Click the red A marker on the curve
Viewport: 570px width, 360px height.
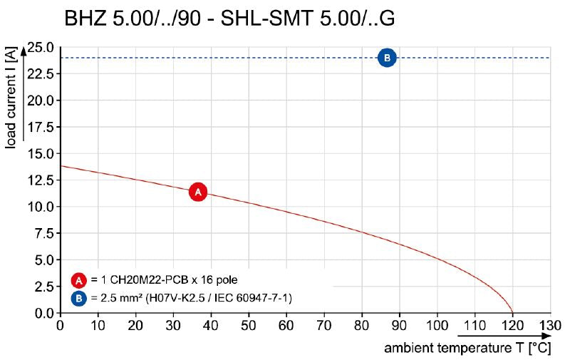pyautogui.click(x=198, y=192)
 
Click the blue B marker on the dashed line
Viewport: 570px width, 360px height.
pyautogui.click(x=386, y=58)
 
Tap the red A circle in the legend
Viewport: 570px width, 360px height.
pyautogui.click(x=79, y=280)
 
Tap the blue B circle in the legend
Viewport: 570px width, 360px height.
pyautogui.click(x=79, y=297)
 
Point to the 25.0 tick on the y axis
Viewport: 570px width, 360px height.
pyautogui.click(x=40, y=48)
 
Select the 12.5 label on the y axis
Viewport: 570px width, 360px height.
pyautogui.click(x=40, y=180)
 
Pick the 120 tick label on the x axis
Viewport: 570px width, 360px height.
pyautogui.click(x=512, y=326)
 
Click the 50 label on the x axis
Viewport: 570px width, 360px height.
pyautogui.click(x=248, y=326)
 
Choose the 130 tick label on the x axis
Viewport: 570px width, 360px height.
pyautogui.click(x=549, y=326)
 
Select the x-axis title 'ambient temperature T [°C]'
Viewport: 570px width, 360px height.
pyautogui.click(x=468, y=349)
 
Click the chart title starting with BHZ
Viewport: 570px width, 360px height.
pyautogui.click(x=229, y=19)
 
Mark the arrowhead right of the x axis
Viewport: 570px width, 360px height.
pyautogui.click(x=546, y=335)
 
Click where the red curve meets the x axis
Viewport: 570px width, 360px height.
pyautogui.click(x=512, y=313)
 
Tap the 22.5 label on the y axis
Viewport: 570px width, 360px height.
pyautogui.click(x=40, y=74)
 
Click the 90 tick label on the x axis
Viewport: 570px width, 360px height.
pyautogui.click(x=399, y=326)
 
